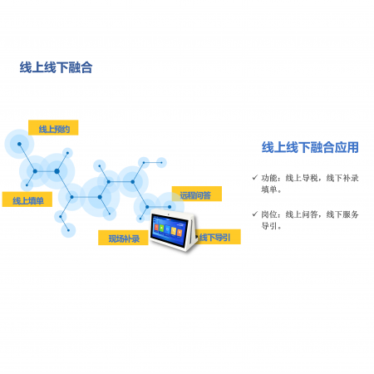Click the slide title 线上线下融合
56,67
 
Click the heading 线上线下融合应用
310,147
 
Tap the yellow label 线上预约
53,128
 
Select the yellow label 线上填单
27,199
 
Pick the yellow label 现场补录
123,238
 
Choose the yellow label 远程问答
197,194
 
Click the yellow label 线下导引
218,237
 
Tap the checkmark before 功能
255,177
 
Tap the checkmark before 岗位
255,214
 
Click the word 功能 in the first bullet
269,178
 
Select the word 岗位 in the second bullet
269,214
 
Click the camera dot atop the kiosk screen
168,214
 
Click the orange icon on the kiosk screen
180,233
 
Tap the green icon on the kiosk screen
162,229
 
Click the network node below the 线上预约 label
19,144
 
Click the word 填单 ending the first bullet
269,189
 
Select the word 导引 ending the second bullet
269,226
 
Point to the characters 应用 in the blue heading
347,147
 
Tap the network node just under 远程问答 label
170,207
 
